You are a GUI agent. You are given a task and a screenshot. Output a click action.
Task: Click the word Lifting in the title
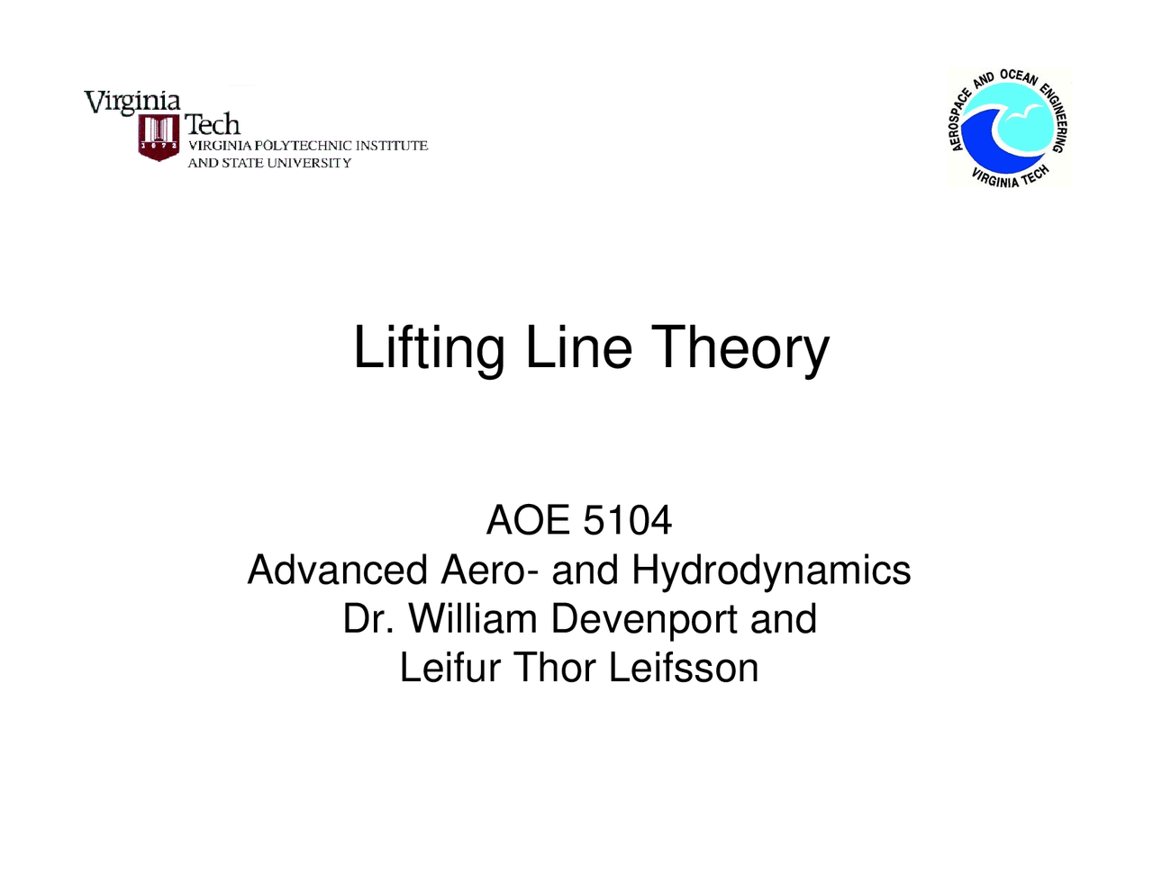(x=429, y=348)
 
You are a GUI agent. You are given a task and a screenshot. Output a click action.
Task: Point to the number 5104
(x=628, y=520)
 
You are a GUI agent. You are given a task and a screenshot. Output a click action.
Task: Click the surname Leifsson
(x=684, y=668)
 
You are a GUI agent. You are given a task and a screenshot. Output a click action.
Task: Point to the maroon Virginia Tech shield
(x=159, y=138)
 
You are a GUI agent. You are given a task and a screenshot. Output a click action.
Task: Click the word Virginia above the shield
(x=132, y=102)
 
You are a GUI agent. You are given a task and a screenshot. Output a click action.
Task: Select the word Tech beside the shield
(x=213, y=124)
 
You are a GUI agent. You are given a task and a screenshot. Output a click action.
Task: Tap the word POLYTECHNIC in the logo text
(x=302, y=146)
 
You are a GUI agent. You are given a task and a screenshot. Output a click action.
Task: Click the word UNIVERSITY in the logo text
(x=309, y=163)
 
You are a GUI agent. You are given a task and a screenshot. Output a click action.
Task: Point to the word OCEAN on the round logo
(x=1019, y=77)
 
